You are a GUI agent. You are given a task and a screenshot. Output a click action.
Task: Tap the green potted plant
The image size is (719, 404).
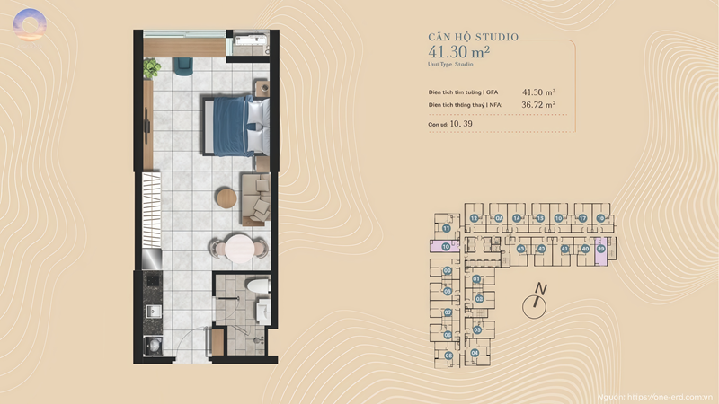151,66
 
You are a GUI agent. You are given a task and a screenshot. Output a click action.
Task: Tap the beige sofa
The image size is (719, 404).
255,197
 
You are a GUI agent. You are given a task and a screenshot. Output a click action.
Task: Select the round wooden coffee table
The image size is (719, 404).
224,196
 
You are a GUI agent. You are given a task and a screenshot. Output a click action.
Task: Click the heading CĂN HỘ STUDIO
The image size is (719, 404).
473,38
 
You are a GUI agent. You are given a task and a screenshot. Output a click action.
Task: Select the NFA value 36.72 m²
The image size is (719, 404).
538,105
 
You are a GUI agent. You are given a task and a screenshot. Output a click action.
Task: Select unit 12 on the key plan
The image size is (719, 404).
474,218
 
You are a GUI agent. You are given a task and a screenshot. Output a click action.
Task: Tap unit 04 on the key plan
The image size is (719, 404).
474,353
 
